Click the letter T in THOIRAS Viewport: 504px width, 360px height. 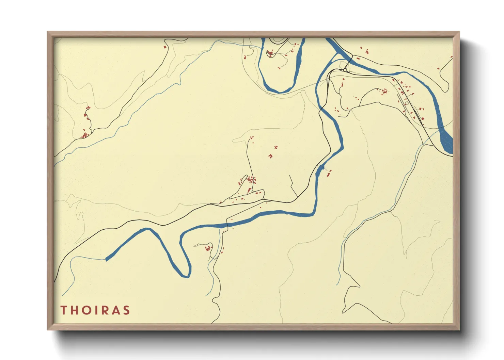click(x=64, y=310)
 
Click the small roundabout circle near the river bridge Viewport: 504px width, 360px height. click(x=345, y=70)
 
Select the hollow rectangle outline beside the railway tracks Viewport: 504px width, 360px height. click(x=407, y=103)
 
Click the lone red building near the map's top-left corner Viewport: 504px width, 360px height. click(x=165, y=47)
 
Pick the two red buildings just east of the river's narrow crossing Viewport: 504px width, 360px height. click(x=329, y=173)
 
